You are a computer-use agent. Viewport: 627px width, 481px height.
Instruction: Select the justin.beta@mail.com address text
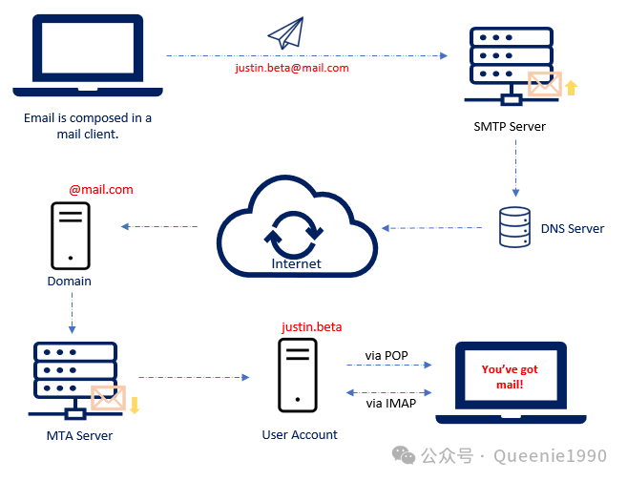[x=291, y=68]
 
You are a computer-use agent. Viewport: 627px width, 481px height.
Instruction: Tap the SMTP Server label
[x=510, y=126]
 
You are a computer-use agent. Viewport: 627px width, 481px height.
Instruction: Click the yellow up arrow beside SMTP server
[x=572, y=89]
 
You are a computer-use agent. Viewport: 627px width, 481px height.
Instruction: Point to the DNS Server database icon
[x=515, y=226]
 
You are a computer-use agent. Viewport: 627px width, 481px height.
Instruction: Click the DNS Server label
[x=572, y=228]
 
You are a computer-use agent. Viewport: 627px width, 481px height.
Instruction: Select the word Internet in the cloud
[x=296, y=263]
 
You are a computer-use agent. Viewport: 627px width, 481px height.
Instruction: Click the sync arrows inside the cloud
[x=296, y=232]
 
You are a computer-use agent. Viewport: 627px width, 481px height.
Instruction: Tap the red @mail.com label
[x=100, y=190]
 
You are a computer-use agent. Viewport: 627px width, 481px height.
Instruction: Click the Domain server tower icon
[x=70, y=235]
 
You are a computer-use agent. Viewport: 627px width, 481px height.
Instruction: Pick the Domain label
[x=70, y=281]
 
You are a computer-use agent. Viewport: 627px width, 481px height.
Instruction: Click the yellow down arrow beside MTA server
[x=135, y=404]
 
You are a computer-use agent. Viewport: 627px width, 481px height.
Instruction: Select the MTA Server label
[x=79, y=435]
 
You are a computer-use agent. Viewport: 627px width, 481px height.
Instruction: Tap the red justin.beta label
[x=311, y=327]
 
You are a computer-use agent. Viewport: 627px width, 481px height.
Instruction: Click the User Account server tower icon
[x=299, y=376]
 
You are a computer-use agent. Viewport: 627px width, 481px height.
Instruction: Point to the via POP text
[x=387, y=356]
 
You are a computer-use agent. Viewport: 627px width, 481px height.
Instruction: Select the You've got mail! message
[x=509, y=376]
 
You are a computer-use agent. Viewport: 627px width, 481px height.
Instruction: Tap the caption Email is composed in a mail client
[x=88, y=126]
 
